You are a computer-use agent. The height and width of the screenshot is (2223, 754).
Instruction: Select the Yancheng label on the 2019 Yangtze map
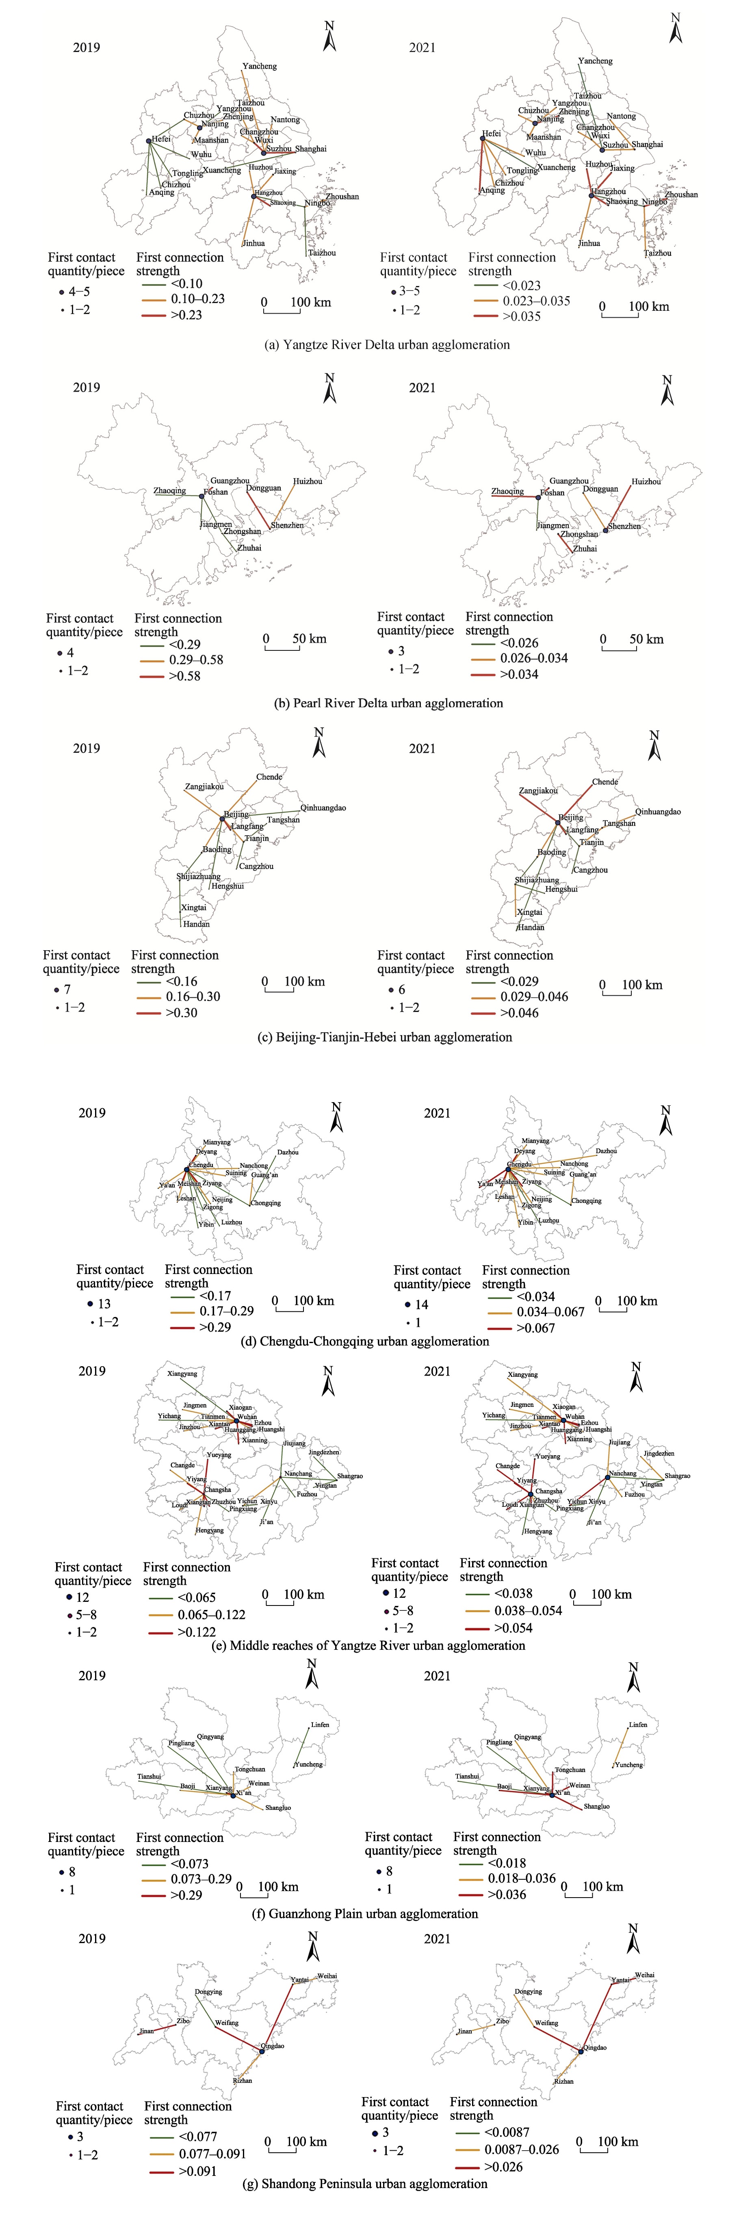tap(260, 67)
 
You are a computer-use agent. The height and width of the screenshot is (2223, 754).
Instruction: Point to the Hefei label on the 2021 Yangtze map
tap(491, 134)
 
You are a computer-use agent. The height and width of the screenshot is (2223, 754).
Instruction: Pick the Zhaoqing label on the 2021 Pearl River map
tap(507, 492)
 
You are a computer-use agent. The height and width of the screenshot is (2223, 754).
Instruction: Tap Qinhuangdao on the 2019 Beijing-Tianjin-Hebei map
tap(323, 808)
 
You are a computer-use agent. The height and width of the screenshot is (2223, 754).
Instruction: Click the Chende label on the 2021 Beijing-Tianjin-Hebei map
tap(605, 782)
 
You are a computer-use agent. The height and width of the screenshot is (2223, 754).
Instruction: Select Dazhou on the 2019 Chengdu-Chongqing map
tap(288, 1152)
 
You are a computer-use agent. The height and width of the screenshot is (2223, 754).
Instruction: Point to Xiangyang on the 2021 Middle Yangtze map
tap(523, 1375)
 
